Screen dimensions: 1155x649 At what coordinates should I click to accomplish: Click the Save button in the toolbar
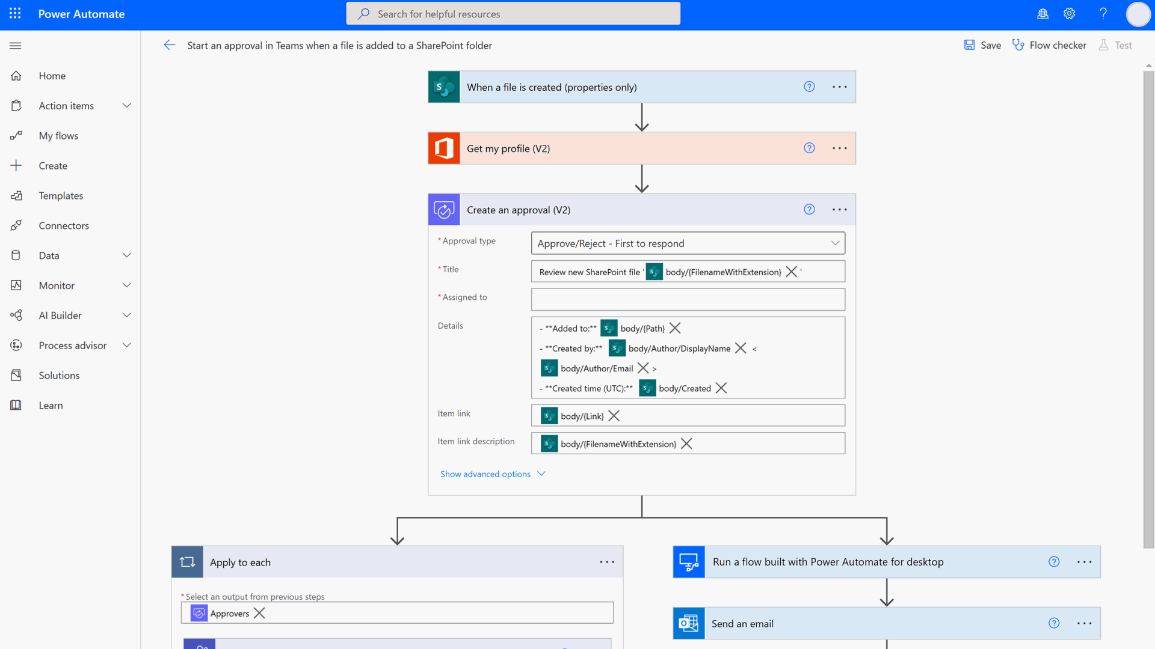coord(982,45)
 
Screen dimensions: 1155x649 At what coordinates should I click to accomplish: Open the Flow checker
coord(1049,45)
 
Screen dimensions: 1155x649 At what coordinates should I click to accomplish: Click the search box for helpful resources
coord(513,14)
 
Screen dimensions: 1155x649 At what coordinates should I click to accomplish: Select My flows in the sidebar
coord(58,136)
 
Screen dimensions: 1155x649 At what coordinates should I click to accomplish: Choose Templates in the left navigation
coord(61,196)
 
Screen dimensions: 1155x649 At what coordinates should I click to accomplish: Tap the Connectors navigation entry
coord(64,226)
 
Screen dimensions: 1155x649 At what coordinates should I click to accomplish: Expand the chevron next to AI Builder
coord(126,315)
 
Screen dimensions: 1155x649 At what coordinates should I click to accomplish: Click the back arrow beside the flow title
coord(170,45)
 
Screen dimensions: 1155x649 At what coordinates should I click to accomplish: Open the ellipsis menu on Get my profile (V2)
coord(839,148)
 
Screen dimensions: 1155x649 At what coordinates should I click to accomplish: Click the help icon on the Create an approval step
coord(809,210)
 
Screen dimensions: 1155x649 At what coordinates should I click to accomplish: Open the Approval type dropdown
coord(688,243)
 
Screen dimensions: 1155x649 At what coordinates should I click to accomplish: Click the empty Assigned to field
coord(688,299)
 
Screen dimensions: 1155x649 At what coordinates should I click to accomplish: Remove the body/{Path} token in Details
coord(675,328)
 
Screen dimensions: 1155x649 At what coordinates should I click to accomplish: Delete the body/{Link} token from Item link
coord(614,416)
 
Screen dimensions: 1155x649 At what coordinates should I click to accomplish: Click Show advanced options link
coord(485,474)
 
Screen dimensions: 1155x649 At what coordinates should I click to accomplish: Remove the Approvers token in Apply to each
coord(259,613)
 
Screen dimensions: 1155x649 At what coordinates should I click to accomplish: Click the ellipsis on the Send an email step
coord(1084,624)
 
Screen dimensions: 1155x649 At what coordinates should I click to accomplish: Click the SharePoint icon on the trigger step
coord(444,87)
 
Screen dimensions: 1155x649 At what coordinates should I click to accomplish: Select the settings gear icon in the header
coord(1069,14)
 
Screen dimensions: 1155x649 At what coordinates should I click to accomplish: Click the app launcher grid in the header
coord(15,13)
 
